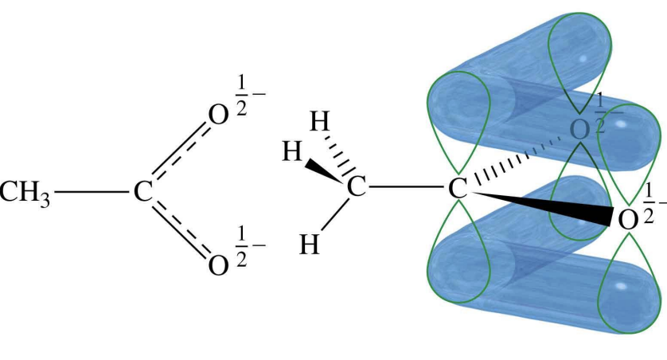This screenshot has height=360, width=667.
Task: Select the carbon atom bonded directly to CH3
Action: [x=142, y=192]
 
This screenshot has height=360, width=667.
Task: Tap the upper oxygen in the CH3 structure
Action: [x=216, y=116]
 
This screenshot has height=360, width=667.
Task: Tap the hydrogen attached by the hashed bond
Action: [x=320, y=123]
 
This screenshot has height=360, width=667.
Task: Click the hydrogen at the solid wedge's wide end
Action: [x=291, y=151]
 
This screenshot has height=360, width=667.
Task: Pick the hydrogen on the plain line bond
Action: [x=310, y=244]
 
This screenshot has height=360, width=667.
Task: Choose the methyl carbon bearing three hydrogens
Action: [x=357, y=189]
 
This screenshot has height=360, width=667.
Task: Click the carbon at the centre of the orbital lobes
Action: [x=456, y=189]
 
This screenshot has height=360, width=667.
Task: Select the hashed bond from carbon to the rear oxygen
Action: [x=517, y=158]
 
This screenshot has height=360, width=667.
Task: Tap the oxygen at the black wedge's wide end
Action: [x=628, y=219]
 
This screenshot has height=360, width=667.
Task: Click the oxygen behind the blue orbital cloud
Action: [x=581, y=128]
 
